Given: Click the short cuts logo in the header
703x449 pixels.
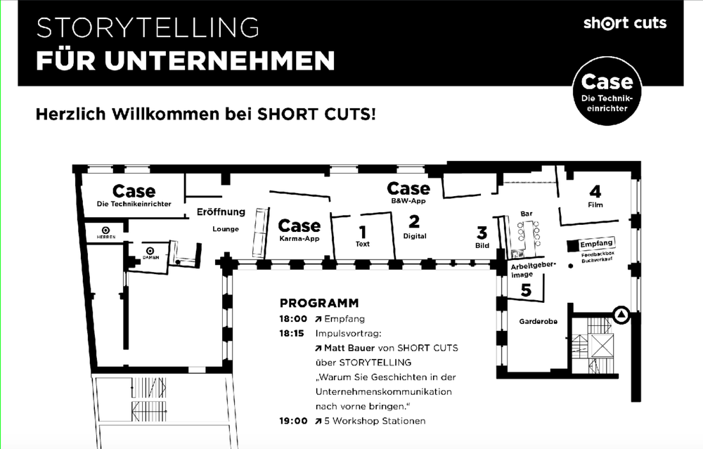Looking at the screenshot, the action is click(624, 23).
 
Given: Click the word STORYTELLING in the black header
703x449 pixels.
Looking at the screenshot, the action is click(148, 28).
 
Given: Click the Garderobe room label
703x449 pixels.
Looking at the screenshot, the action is click(538, 321).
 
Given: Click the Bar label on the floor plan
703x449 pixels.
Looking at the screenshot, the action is click(526, 213).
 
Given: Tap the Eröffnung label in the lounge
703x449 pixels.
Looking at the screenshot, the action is click(221, 212).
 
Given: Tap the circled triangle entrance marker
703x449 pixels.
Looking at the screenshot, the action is click(621, 315).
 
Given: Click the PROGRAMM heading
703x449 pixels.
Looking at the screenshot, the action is click(319, 304).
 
